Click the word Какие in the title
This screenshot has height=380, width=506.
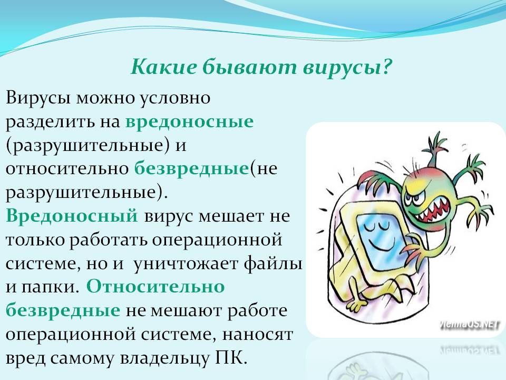pos(163,67)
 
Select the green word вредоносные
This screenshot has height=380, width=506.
pos(189,122)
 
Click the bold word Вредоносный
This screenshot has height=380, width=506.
pos(72,216)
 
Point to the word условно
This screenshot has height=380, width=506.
pos(175,98)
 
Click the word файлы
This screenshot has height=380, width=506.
pos(273,263)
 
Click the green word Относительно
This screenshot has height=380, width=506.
pos(155,287)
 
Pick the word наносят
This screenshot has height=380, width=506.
pos(258,335)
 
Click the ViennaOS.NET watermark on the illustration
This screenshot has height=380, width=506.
pos(469,325)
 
